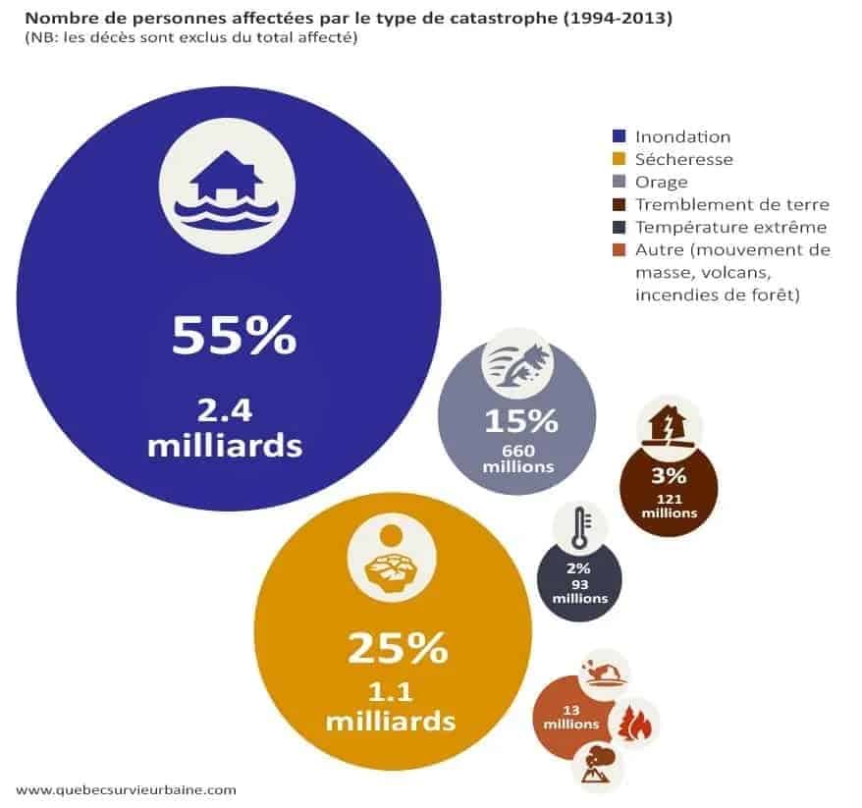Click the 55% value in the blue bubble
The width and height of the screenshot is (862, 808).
(233, 335)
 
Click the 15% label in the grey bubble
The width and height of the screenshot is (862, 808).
(520, 421)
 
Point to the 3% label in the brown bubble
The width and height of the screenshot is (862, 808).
(669, 478)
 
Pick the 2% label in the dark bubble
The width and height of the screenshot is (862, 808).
(579, 568)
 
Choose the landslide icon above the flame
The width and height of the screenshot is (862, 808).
(604, 673)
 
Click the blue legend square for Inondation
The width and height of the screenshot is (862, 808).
(619, 136)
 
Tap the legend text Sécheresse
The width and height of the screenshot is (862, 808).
(684, 159)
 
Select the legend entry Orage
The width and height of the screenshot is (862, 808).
(661, 182)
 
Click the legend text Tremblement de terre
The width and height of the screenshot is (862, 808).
(731, 204)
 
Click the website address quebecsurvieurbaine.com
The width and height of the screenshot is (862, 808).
(127, 788)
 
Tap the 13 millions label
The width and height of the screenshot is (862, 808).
(568, 717)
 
